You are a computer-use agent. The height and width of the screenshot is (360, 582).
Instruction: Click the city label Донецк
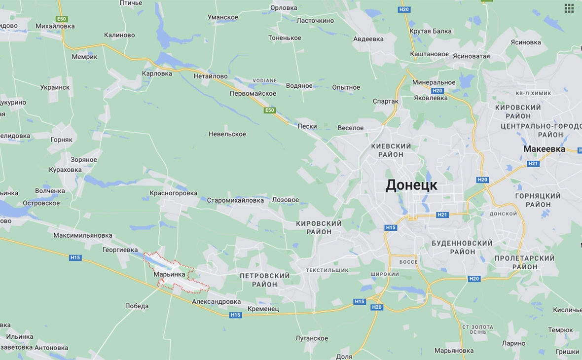pos(411,185)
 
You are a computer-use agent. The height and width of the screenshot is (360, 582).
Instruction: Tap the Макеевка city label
pos(545,149)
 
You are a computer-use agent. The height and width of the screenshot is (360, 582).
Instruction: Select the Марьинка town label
pos(169,274)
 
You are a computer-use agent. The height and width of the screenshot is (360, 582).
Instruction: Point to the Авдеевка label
pos(368,39)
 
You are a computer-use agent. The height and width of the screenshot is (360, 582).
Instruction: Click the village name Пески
pos(307,126)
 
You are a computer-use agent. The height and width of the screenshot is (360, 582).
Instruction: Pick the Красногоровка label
pos(174,193)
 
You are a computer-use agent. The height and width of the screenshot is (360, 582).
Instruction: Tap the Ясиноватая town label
pos(472,56)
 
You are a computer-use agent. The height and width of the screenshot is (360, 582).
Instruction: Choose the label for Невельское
pos(227,134)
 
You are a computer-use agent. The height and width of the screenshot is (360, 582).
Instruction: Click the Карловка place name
pos(157,73)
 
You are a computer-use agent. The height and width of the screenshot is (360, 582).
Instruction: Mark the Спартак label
pos(386,101)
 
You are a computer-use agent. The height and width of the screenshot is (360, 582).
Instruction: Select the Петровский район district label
pos(265,280)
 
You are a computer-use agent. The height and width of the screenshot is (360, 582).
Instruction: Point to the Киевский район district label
pos(391,150)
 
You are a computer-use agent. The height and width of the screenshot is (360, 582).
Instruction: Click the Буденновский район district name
pos(462,248)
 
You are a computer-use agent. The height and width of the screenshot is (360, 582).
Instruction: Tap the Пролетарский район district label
pos(524,262)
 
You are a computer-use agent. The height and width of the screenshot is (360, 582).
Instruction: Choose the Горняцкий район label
pos(538,200)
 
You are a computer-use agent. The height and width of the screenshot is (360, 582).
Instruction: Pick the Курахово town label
pos(66,170)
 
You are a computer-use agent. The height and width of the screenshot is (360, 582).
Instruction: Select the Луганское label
pos(312,338)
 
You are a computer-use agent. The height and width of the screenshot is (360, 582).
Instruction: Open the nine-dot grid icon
pos(569,8)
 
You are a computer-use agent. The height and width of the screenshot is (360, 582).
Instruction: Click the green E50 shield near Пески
pos(269,110)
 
